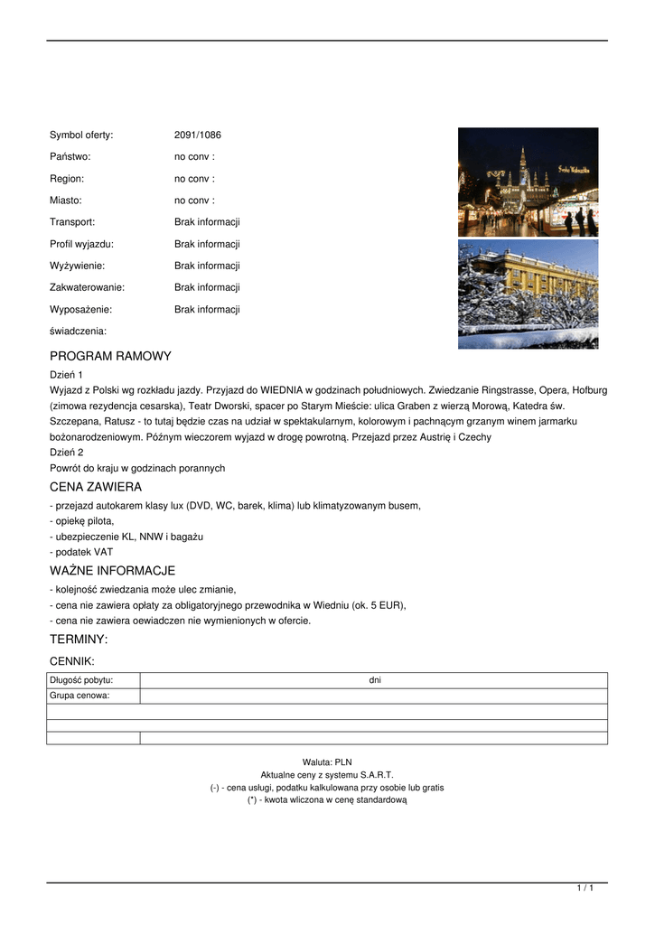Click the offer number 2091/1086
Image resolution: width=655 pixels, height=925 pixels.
click(x=197, y=135)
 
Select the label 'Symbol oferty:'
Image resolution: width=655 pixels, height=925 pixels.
click(x=81, y=135)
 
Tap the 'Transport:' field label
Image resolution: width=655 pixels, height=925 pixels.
click(x=72, y=222)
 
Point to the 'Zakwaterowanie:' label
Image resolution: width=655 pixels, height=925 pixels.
click(x=87, y=287)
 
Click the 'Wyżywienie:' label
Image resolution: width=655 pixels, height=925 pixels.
click(x=77, y=266)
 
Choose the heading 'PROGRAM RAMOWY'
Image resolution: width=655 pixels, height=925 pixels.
click(x=110, y=356)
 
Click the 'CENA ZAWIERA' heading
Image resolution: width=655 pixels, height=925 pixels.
click(x=96, y=487)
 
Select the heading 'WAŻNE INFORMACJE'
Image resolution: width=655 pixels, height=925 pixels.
click(x=112, y=571)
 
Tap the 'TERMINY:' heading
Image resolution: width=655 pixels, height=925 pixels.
click(x=79, y=640)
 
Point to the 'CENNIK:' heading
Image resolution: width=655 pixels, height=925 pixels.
click(x=72, y=661)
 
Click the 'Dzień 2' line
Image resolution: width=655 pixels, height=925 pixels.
click(x=67, y=452)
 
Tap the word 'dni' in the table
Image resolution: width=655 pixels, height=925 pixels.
click(x=375, y=680)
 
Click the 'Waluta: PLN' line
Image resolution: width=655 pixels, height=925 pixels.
click(x=327, y=762)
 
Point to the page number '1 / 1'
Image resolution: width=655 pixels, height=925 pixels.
click(x=585, y=889)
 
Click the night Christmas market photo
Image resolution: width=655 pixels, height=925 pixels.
click(x=528, y=182)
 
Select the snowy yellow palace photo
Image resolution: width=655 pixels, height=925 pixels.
click(x=528, y=294)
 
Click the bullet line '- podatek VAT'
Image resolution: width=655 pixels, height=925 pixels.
click(x=81, y=552)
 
